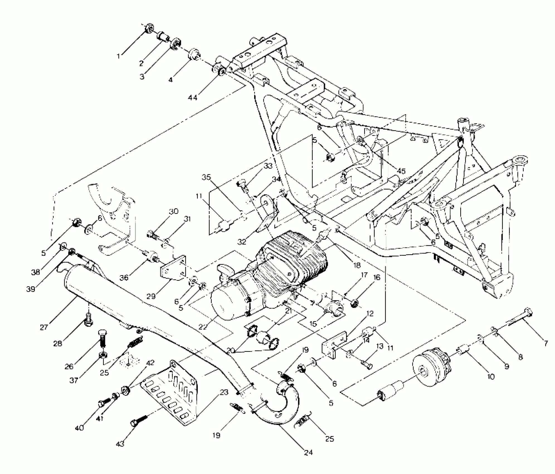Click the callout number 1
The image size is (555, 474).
point(118,56)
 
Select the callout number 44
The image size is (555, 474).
point(193,97)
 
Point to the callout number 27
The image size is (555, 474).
point(44,327)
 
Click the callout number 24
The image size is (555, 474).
point(308,452)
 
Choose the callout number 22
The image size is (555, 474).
point(203,327)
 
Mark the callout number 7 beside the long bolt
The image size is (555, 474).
point(545,343)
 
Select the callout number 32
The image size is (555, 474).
point(242,242)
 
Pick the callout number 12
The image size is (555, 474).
point(370,313)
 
